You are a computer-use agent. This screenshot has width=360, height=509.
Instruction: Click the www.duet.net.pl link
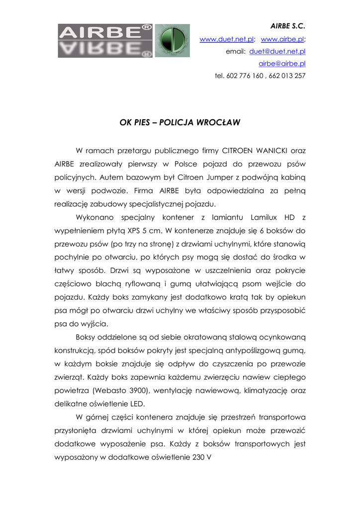[x=227, y=39]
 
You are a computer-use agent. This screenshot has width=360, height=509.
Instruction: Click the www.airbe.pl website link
[x=282, y=39]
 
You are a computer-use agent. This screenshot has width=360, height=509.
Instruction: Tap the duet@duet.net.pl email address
[x=277, y=51]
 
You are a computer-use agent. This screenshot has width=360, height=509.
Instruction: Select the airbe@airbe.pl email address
[x=282, y=64]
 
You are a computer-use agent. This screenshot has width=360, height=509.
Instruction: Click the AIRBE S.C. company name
[x=287, y=25]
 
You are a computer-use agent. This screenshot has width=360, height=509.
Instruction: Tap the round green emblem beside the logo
[x=172, y=41]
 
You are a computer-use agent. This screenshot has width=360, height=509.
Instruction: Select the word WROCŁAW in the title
[x=219, y=122]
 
